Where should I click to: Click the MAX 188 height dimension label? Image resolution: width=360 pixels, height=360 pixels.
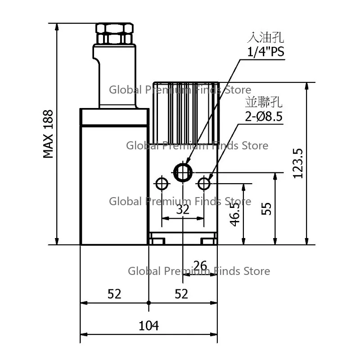(x=48, y=134)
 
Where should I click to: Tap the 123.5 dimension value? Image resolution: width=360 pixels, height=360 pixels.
(x=298, y=163)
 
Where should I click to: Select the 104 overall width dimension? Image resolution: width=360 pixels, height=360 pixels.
(x=149, y=325)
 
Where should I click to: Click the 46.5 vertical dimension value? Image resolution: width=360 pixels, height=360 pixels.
(x=234, y=215)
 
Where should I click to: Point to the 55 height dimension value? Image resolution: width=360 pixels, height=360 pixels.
(x=266, y=209)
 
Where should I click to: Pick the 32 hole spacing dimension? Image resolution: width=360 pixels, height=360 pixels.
(x=183, y=209)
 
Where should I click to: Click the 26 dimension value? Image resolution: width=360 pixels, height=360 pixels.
(x=200, y=265)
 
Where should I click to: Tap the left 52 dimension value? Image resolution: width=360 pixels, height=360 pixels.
(x=114, y=294)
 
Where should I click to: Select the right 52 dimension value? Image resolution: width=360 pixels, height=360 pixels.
(x=181, y=294)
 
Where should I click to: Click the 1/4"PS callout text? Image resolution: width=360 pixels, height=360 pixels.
(x=265, y=52)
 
